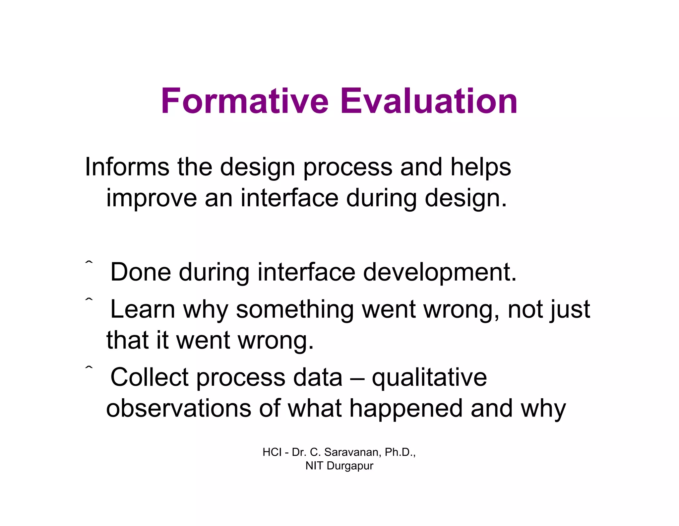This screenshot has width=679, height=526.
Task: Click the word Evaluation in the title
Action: pyautogui.click(x=429, y=101)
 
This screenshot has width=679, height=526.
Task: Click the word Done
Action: pyautogui.click(x=141, y=272)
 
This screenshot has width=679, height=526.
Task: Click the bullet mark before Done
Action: pyautogui.click(x=89, y=263)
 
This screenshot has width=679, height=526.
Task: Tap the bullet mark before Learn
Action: pyautogui.click(x=89, y=299)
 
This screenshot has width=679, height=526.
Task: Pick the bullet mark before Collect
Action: pyautogui.click(x=89, y=367)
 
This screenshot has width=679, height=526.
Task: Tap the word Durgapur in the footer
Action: pyautogui.click(x=350, y=466)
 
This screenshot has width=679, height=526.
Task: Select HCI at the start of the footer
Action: pyautogui.click(x=272, y=452)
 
